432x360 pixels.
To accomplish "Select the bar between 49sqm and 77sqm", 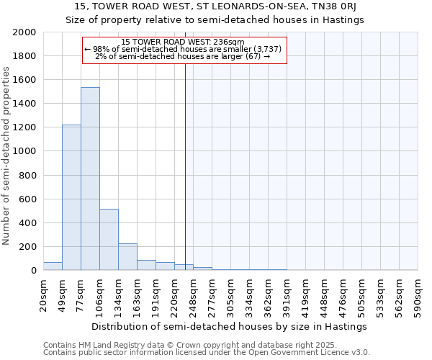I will [71, 197].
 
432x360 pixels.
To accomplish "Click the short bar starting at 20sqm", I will [53, 266].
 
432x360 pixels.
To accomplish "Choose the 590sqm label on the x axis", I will [418, 296].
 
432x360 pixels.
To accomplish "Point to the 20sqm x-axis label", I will [44, 296].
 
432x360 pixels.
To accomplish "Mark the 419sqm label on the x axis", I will [306, 296].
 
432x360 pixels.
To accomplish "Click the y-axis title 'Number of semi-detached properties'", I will [6, 156].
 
